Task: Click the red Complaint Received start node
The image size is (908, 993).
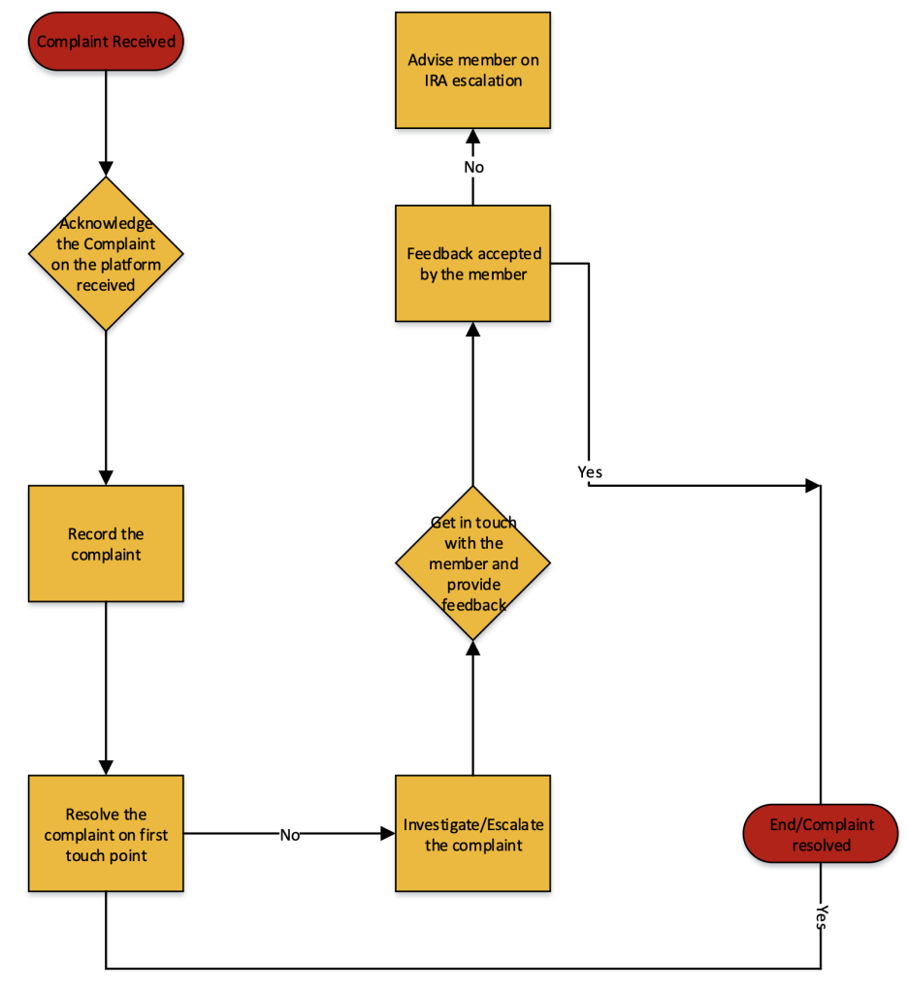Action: (106, 42)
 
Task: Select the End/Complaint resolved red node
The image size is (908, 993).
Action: (821, 834)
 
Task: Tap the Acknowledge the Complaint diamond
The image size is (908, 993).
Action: (106, 253)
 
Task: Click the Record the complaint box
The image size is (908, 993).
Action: (106, 544)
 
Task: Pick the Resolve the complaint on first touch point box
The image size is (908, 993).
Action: (106, 833)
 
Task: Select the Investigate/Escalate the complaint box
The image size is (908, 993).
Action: (472, 833)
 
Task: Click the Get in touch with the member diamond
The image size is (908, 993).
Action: (472, 563)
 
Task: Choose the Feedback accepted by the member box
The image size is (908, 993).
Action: (472, 263)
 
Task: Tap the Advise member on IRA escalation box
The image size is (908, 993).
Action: (472, 70)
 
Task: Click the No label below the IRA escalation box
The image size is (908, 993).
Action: (473, 167)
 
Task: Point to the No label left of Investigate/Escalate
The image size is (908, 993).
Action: (289, 835)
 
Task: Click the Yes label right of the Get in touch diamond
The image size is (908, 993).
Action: (590, 471)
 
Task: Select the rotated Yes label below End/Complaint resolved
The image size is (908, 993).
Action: (822, 917)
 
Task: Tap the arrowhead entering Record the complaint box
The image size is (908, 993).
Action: (106, 477)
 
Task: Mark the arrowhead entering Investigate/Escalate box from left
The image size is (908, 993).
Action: (387, 833)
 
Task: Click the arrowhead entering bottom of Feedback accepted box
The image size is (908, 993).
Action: (472, 330)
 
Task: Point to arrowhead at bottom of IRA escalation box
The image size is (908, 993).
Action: (472, 137)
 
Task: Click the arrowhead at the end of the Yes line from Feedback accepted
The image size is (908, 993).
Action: (812, 485)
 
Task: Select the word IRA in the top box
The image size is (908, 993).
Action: (438, 80)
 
